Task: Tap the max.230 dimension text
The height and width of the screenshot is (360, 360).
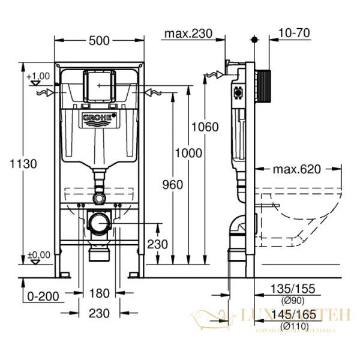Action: coord(189,34)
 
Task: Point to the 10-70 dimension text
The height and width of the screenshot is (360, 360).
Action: coord(295,34)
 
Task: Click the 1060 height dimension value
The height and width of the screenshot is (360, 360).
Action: coord(205,127)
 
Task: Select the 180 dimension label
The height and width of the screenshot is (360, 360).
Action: coord(99,293)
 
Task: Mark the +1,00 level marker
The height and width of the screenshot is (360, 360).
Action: coord(38,76)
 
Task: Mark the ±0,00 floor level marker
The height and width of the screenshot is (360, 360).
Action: coord(38,254)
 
